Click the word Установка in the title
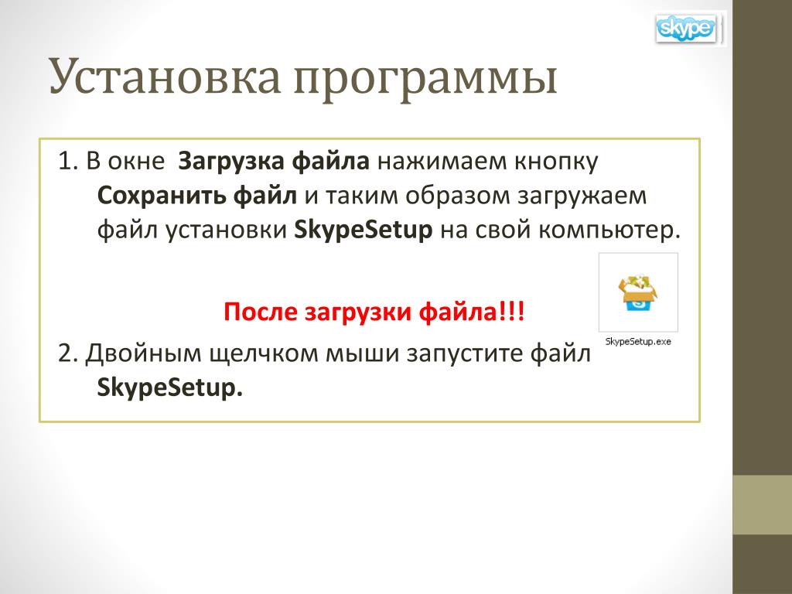[165, 76]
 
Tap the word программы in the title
[425, 80]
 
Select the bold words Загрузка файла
[274, 161]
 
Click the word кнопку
[557, 162]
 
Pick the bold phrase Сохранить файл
[197, 196]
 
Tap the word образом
[457, 196]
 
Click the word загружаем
[582, 197]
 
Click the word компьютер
[609, 230]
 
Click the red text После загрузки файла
[374, 312]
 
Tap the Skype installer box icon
[638, 292]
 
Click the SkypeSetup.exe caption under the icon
[638, 341]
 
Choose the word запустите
[464, 354]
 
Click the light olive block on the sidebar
[762, 504]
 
